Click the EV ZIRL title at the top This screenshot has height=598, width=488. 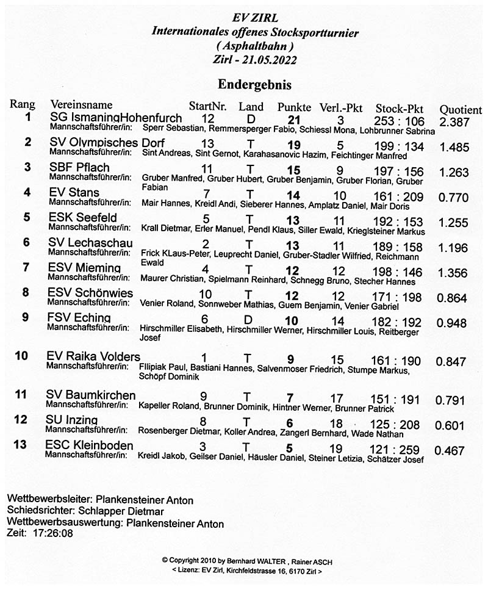coord(254,18)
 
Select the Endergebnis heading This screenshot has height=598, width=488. coord(254,84)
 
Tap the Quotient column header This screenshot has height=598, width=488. coord(461,110)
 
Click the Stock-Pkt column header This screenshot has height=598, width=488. coord(400,108)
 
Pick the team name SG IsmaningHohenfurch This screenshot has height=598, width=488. coord(116,118)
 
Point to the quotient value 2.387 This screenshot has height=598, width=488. coord(454,122)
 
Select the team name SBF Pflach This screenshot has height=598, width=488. coord(79,168)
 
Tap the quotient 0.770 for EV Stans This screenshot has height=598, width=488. coord(453,198)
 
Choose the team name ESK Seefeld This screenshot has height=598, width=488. coord(82,218)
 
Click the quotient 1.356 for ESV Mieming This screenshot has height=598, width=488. coord(453,273)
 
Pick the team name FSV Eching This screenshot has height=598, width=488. coord(79,318)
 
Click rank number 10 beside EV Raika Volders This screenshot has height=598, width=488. coord(21,356)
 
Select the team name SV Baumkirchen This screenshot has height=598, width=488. coord(91,395)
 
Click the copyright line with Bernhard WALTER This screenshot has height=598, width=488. coord(247,560)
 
